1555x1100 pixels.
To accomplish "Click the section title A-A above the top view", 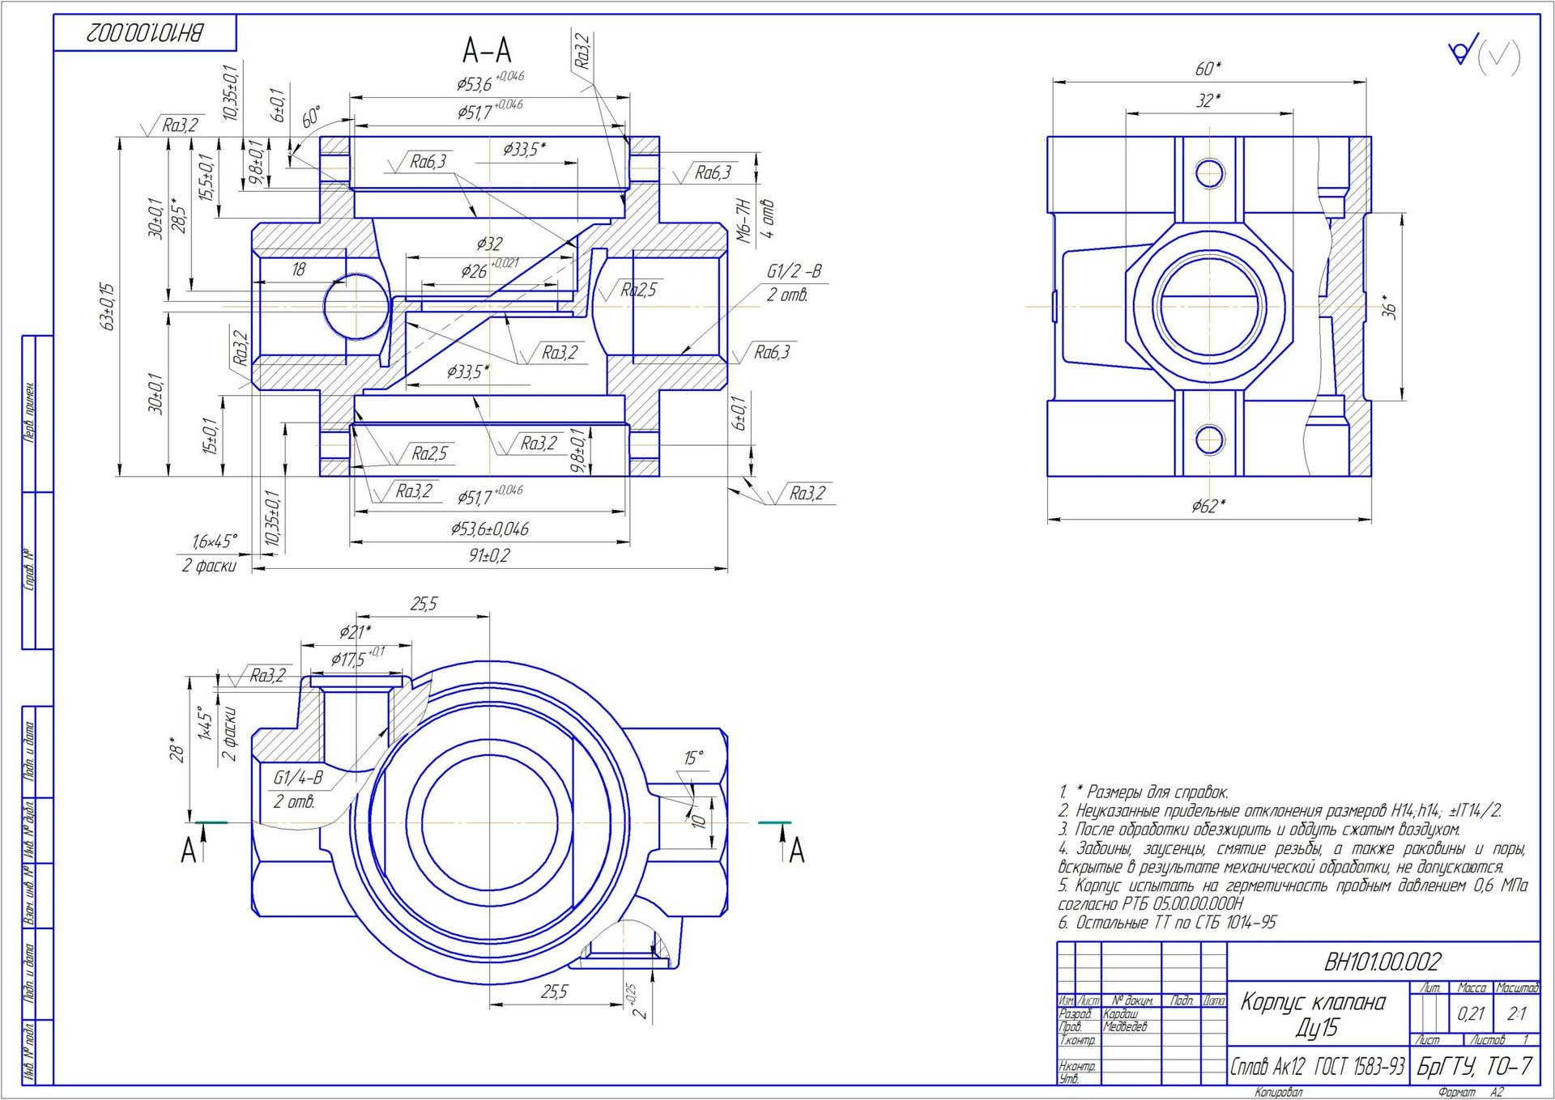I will click(487, 51).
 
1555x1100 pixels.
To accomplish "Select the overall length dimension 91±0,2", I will click(488, 556).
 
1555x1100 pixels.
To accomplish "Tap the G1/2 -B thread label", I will click(794, 272).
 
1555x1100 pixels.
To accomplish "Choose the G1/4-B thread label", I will click(297, 779).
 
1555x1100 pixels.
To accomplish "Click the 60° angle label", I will click(311, 117).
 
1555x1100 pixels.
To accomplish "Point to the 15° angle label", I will click(693, 758).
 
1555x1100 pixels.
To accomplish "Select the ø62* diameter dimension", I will click(1208, 507).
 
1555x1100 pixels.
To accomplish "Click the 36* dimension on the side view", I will click(1390, 308).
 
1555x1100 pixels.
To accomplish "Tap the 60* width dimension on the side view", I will click(1208, 70).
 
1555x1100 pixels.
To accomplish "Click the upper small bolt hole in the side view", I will click(1208, 172).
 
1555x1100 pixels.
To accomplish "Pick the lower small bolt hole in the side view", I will click(1208, 440).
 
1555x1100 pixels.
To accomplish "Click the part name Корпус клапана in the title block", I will click(1313, 1002).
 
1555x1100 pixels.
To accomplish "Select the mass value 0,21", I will click(1471, 1013).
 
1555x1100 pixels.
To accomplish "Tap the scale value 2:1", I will click(1516, 1013).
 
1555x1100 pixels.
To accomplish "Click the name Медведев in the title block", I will click(1125, 1027).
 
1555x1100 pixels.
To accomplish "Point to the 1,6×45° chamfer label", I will click(215, 542).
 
